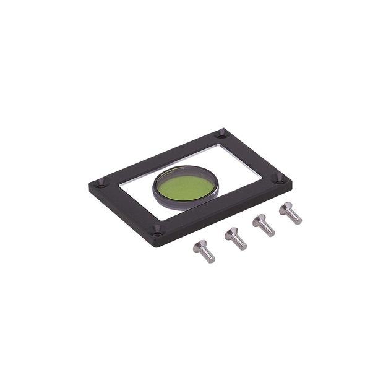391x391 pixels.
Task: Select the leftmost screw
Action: tap(204, 251)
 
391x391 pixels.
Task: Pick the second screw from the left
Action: tap(236, 238)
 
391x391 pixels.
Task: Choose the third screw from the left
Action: tap(264, 225)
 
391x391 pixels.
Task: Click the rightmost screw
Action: tap(290, 213)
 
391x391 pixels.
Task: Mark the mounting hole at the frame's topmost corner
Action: tap(221, 134)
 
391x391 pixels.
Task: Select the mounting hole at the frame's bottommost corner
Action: tap(157, 232)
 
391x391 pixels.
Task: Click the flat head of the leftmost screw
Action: tap(199, 246)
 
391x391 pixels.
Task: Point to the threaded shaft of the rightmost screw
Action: tap(294, 217)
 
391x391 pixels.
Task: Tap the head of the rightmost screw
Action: tap(286, 208)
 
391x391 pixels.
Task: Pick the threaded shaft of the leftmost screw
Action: tap(208, 254)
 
